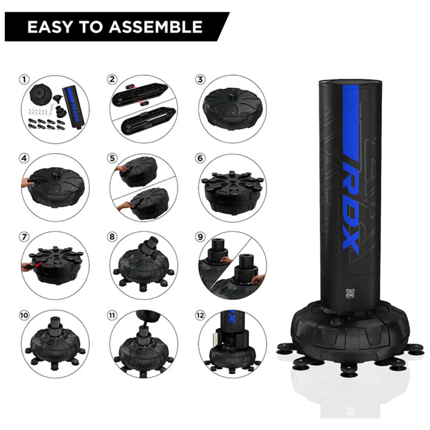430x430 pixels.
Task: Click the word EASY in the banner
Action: click(x=50, y=27)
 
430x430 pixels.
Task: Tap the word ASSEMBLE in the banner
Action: click(x=155, y=27)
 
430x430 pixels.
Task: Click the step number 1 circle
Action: click(x=24, y=79)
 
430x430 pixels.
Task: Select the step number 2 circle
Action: click(x=112, y=79)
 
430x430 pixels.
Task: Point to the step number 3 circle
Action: click(x=200, y=79)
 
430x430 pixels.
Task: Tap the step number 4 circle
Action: click(x=24, y=158)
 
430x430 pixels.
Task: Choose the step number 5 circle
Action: click(x=112, y=158)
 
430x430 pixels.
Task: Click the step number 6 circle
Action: click(x=200, y=158)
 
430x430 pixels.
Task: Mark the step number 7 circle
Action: click(x=24, y=237)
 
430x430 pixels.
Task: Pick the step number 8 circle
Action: click(x=112, y=237)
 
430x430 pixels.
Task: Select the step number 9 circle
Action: click(x=200, y=237)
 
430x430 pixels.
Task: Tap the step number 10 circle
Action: click(x=24, y=316)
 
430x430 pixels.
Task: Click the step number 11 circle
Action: click(x=112, y=316)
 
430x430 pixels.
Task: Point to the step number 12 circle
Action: click(x=200, y=316)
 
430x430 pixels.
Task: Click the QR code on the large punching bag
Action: click(x=350, y=293)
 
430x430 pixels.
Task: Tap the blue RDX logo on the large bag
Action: click(x=351, y=203)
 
